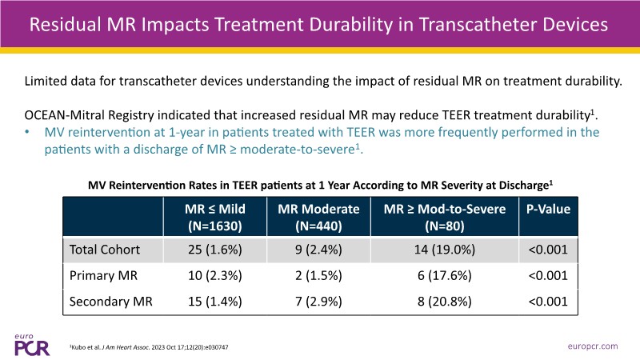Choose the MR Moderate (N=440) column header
(x=318, y=216)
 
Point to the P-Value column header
(x=548, y=209)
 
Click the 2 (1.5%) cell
(x=318, y=276)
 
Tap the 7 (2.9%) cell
(x=318, y=302)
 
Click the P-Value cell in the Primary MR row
(x=548, y=276)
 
